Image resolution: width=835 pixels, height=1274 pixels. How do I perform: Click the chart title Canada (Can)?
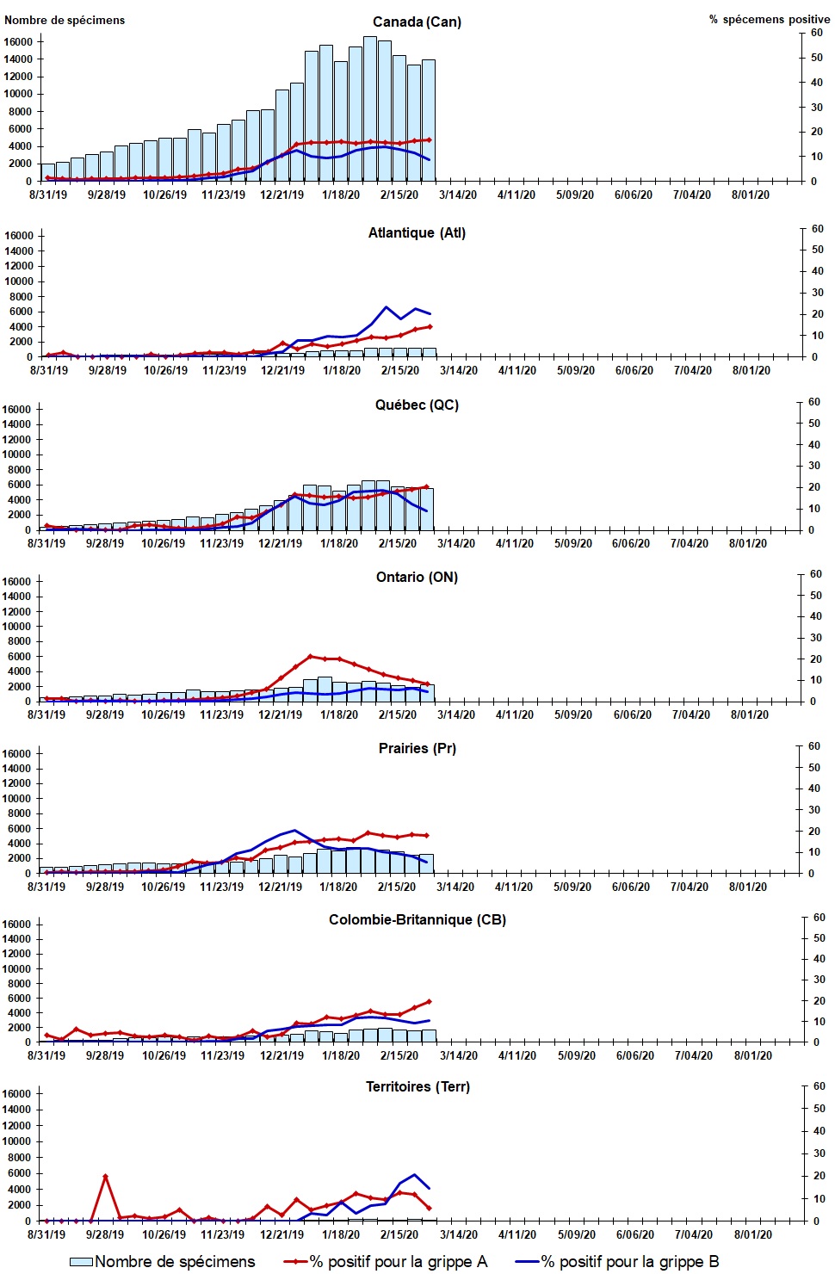pos(417,22)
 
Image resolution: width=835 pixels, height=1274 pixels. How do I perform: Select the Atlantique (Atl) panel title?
pos(417,232)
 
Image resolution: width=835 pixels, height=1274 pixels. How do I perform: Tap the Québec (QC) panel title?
pos(417,405)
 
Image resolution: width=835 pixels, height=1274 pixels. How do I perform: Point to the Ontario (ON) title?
pos(417,577)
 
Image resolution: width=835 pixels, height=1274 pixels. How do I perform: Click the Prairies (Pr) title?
pos(417,748)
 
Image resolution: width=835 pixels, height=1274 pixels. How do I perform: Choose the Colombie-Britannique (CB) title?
pos(417,919)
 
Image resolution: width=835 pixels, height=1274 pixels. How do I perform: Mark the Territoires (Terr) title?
pos(417,1086)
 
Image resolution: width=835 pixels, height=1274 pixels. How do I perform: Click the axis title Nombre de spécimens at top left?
pos(65,20)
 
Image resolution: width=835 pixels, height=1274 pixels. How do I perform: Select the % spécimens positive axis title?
pos(770,19)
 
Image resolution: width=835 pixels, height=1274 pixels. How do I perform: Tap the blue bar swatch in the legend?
pos(81,1261)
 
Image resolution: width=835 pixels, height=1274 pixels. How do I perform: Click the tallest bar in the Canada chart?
pos(370,108)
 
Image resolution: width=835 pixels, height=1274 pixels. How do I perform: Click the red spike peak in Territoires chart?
pos(105,1176)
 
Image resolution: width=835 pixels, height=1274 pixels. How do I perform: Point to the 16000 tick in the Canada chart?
pos(18,41)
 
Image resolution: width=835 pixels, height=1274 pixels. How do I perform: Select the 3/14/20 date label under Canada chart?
pos(457,195)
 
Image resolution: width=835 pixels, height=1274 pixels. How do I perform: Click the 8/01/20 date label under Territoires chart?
pos(752,1234)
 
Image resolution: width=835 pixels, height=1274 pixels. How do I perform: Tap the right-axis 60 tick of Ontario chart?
pos(815,574)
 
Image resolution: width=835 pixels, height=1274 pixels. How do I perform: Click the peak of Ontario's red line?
pos(311,656)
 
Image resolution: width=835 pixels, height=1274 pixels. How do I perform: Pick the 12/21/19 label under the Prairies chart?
pos(280,887)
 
